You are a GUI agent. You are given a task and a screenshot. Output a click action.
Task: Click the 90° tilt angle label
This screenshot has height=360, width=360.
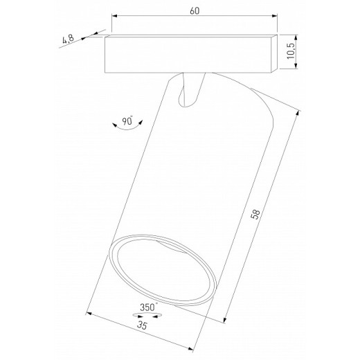(127, 120)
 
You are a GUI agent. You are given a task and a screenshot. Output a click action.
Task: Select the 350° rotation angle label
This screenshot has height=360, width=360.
(147, 305)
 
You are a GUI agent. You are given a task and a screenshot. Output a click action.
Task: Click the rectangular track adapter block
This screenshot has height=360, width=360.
(187, 53)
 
